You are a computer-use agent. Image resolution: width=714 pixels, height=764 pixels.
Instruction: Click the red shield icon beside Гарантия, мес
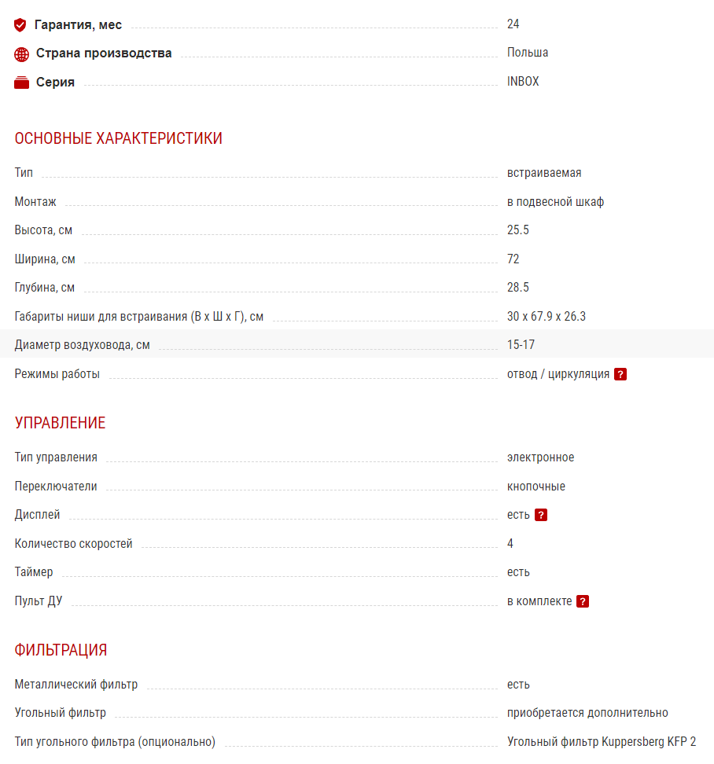20,25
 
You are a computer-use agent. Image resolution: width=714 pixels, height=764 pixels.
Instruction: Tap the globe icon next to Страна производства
21,54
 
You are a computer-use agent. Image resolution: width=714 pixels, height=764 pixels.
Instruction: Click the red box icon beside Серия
21,83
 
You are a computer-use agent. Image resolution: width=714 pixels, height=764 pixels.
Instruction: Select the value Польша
528,53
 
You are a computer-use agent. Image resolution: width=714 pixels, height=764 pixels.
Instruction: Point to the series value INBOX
523,81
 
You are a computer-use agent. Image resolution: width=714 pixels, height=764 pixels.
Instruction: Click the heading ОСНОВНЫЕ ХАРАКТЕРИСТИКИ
118,138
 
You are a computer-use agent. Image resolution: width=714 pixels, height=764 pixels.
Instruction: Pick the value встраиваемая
544,173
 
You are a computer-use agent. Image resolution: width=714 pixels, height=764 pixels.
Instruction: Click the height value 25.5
518,230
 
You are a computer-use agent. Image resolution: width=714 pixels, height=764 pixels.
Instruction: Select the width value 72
513,259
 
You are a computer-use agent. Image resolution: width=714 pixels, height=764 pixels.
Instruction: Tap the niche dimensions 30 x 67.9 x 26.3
547,317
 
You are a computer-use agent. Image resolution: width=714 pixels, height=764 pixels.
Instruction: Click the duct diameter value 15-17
521,345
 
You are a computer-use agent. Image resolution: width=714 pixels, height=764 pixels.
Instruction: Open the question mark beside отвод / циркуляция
620,374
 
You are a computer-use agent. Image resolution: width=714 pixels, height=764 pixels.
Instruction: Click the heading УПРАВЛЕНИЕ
60,423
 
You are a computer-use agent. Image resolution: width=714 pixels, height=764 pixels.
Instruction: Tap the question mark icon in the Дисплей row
540,515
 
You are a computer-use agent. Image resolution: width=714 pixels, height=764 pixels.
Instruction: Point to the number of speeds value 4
510,543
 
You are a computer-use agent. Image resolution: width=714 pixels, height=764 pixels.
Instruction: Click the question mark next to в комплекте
583,601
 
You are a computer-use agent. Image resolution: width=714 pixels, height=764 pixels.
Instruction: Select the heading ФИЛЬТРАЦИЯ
61,650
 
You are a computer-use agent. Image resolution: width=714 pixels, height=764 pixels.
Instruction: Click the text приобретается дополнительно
587,713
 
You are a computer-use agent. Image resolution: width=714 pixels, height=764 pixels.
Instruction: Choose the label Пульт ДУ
39,601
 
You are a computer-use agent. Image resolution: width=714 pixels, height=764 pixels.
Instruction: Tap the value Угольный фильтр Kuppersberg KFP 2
602,741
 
